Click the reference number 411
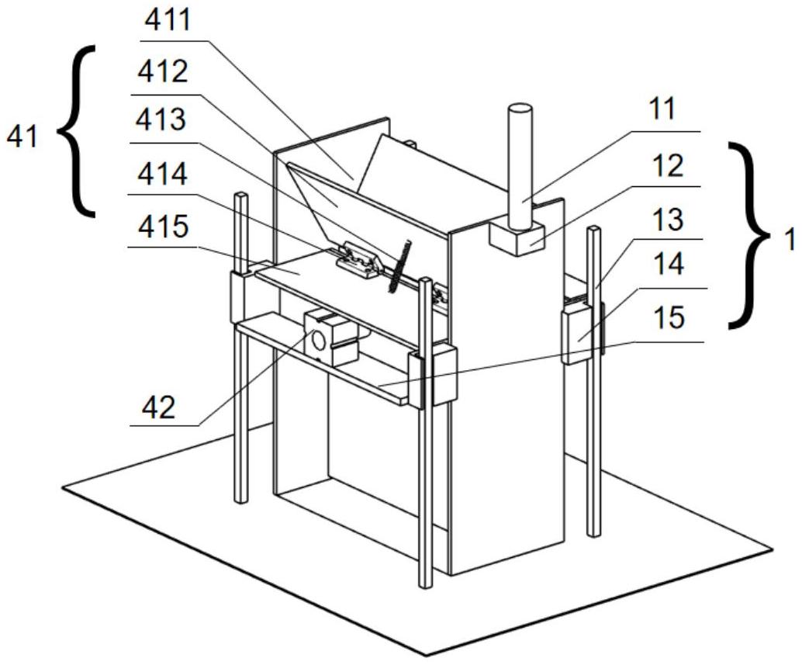[169, 21]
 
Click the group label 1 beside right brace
[790, 240]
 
